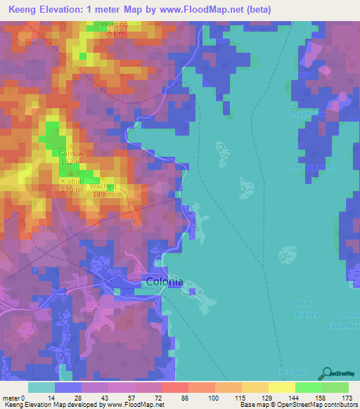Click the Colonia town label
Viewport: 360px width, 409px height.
pos(165,282)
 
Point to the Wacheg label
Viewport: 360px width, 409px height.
pos(104,186)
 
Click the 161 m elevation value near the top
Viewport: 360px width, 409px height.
pos(114,32)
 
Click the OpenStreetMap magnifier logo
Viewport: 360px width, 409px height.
pos(326,374)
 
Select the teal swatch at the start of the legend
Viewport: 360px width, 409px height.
pos(41,387)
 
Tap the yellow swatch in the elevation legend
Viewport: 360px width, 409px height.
pos(281,387)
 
